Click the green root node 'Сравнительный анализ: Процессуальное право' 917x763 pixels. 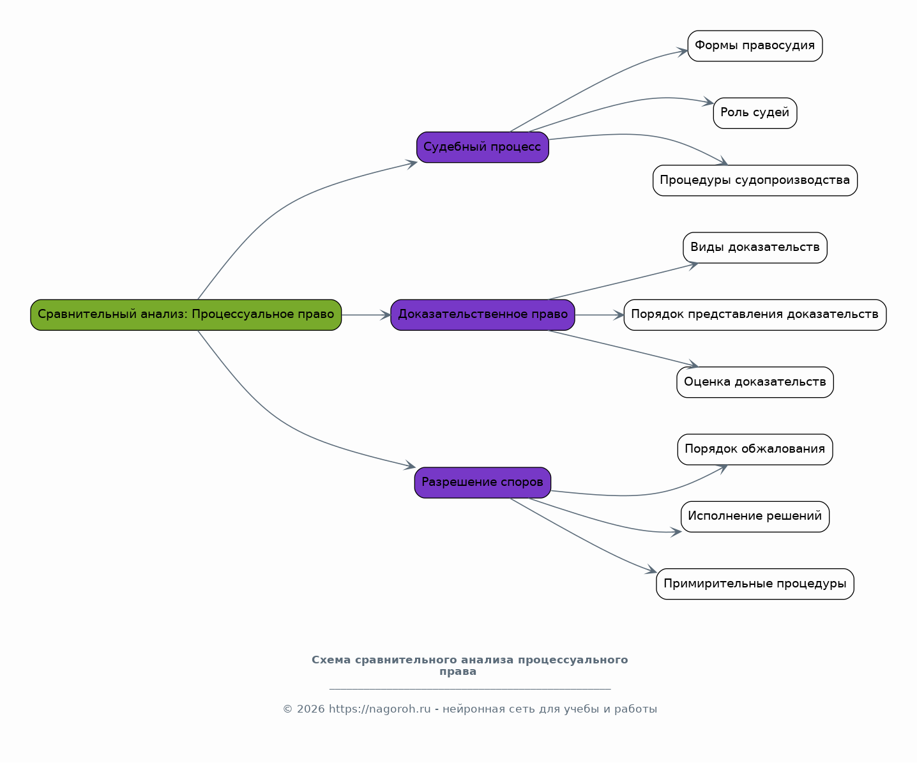pos(186,315)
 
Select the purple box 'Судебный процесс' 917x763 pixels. pos(483,147)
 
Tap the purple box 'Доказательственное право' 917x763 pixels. pos(483,315)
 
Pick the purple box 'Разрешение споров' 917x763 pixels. pos(483,483)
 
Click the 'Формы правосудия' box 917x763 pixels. pos(755,46)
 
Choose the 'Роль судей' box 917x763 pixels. pos(755,113)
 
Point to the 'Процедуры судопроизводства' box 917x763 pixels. pos(755,181)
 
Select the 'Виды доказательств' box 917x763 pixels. pos(755,248)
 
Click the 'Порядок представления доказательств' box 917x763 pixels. pos(755,315)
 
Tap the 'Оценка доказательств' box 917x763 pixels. pos(755,382)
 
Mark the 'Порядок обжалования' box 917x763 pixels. pos(755,449)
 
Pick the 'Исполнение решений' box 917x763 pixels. pos(755,517)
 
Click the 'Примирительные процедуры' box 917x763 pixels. pos(755,584)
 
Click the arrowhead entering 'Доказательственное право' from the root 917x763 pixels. pos(386,315)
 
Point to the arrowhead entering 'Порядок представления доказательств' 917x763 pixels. pos(619,315)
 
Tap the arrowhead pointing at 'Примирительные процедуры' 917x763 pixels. pos(651,570)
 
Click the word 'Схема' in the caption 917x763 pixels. pos(331,660)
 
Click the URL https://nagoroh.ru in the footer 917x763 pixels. pos(379,709)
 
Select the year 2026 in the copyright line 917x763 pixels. pos(310,709)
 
